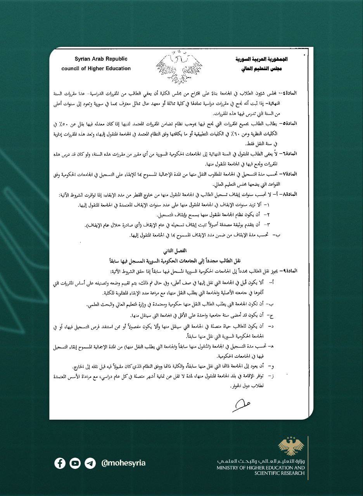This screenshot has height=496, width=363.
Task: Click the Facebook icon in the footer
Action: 60,463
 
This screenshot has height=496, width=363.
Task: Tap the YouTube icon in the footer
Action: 75,463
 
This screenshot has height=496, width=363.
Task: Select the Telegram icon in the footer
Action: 90,463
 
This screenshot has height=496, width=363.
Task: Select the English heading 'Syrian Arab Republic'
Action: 101,59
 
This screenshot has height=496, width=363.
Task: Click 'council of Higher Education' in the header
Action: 96,69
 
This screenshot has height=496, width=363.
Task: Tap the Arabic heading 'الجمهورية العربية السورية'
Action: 262,60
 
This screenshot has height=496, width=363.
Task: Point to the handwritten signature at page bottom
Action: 241,405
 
